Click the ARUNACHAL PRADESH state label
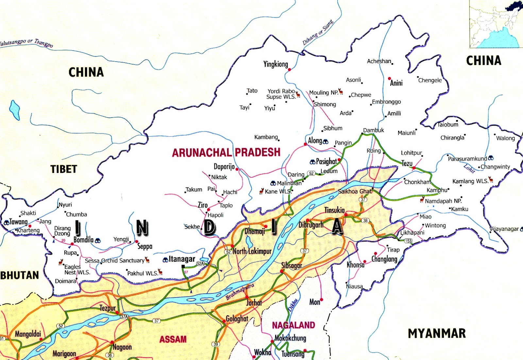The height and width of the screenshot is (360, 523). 226,152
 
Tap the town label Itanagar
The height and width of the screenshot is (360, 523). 182,259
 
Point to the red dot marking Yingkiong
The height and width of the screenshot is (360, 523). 289,69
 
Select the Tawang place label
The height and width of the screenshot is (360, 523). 18,222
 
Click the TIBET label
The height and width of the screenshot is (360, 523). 64,169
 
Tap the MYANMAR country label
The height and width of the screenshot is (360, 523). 437,333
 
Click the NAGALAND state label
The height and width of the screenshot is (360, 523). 294,325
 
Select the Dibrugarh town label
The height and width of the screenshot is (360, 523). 311,225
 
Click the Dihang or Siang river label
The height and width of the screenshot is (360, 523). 318,32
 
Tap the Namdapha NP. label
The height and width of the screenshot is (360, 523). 443,201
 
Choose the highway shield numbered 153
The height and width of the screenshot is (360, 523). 408,241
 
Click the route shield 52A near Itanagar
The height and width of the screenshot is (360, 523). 200,264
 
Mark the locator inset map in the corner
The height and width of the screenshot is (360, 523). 496,24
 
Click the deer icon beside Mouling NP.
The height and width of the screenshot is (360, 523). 341,91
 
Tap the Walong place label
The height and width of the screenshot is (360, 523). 505,138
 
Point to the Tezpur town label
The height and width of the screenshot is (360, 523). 108,308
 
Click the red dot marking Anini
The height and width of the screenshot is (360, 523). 389,78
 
